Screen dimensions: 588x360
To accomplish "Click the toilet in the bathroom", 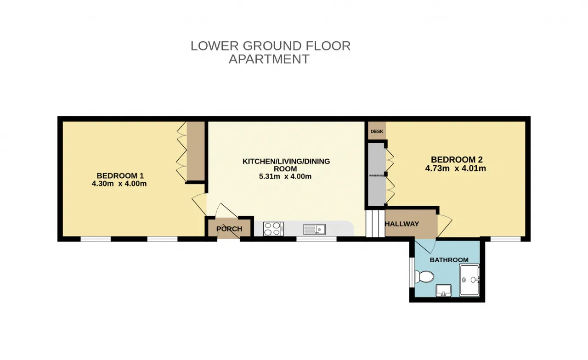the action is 424,276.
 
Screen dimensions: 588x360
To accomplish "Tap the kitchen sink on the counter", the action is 315,229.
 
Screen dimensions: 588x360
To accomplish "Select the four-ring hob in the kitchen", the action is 273,229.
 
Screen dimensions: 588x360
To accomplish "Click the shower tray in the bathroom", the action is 469,280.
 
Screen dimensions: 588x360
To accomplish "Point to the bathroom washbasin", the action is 443,291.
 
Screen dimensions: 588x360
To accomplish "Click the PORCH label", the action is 229,229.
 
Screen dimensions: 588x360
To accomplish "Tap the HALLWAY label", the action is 401,224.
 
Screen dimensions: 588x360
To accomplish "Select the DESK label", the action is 377,131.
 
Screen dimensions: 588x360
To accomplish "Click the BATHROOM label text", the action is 449,260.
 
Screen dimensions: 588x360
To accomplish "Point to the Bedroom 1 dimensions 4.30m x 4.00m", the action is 119,183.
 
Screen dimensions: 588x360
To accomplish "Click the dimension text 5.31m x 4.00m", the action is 285,176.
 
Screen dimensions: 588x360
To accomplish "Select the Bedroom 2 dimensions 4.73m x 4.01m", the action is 455,168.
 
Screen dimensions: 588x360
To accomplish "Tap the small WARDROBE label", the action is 377,175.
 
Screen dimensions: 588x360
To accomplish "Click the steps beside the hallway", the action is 375,223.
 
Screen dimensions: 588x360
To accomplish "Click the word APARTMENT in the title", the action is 269,59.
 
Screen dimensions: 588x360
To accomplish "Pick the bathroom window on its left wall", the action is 412,272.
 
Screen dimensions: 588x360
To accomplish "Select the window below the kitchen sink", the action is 317,239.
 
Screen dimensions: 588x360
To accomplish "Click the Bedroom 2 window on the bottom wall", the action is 506,239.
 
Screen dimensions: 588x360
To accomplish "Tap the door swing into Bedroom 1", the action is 199,205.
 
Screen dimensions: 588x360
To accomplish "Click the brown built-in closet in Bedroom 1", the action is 196,151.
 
